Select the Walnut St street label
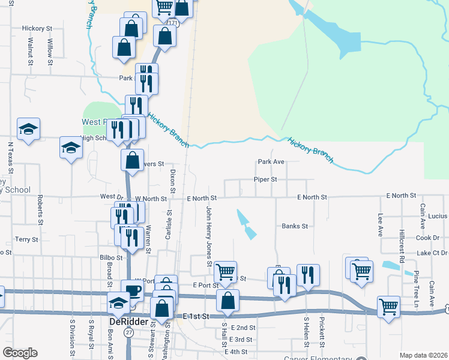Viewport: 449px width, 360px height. tap(29, 48)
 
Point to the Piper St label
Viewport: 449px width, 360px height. tap(265, 179)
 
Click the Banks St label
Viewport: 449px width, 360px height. tap(295, 226)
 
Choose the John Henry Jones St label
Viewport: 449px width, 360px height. tap(209, 236)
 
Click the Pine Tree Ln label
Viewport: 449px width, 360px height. tap(415, 289)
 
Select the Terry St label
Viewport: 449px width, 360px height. tap(26, 239)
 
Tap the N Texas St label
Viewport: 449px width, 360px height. tap(10, 154)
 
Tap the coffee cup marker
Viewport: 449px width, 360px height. tap(133, 290)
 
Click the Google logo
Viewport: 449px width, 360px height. tap(20, 353)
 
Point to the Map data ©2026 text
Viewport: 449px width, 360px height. tap(423, 355)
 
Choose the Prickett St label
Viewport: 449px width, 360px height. tap(322, 332)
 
